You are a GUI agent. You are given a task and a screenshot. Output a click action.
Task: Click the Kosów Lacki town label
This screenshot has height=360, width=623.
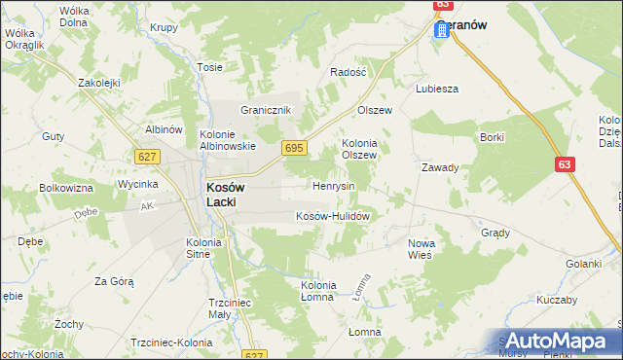(x=228, y=194)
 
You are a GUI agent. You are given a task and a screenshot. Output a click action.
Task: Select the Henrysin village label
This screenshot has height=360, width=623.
(x=333, y=185)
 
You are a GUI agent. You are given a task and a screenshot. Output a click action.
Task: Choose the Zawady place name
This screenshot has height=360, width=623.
(x=439, y=167)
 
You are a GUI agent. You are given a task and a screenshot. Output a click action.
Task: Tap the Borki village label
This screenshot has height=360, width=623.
(x=492, y=137)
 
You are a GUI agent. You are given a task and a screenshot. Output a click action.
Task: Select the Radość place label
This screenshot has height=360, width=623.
(x=348, y=72)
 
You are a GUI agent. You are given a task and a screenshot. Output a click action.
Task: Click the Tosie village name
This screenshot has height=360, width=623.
(x=210, y=67)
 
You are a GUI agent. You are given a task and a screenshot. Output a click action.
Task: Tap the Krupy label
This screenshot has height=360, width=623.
(x=164, y=27)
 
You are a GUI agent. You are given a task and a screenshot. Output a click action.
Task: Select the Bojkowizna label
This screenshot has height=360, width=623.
(x=65, y=187)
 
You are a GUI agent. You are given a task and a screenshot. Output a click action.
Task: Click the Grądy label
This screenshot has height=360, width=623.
(x=495, y=234)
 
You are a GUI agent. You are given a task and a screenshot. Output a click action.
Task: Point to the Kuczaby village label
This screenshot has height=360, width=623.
(x=556, y=300)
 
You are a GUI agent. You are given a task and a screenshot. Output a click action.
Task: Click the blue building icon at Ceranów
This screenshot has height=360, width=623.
(x=441, y=30)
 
